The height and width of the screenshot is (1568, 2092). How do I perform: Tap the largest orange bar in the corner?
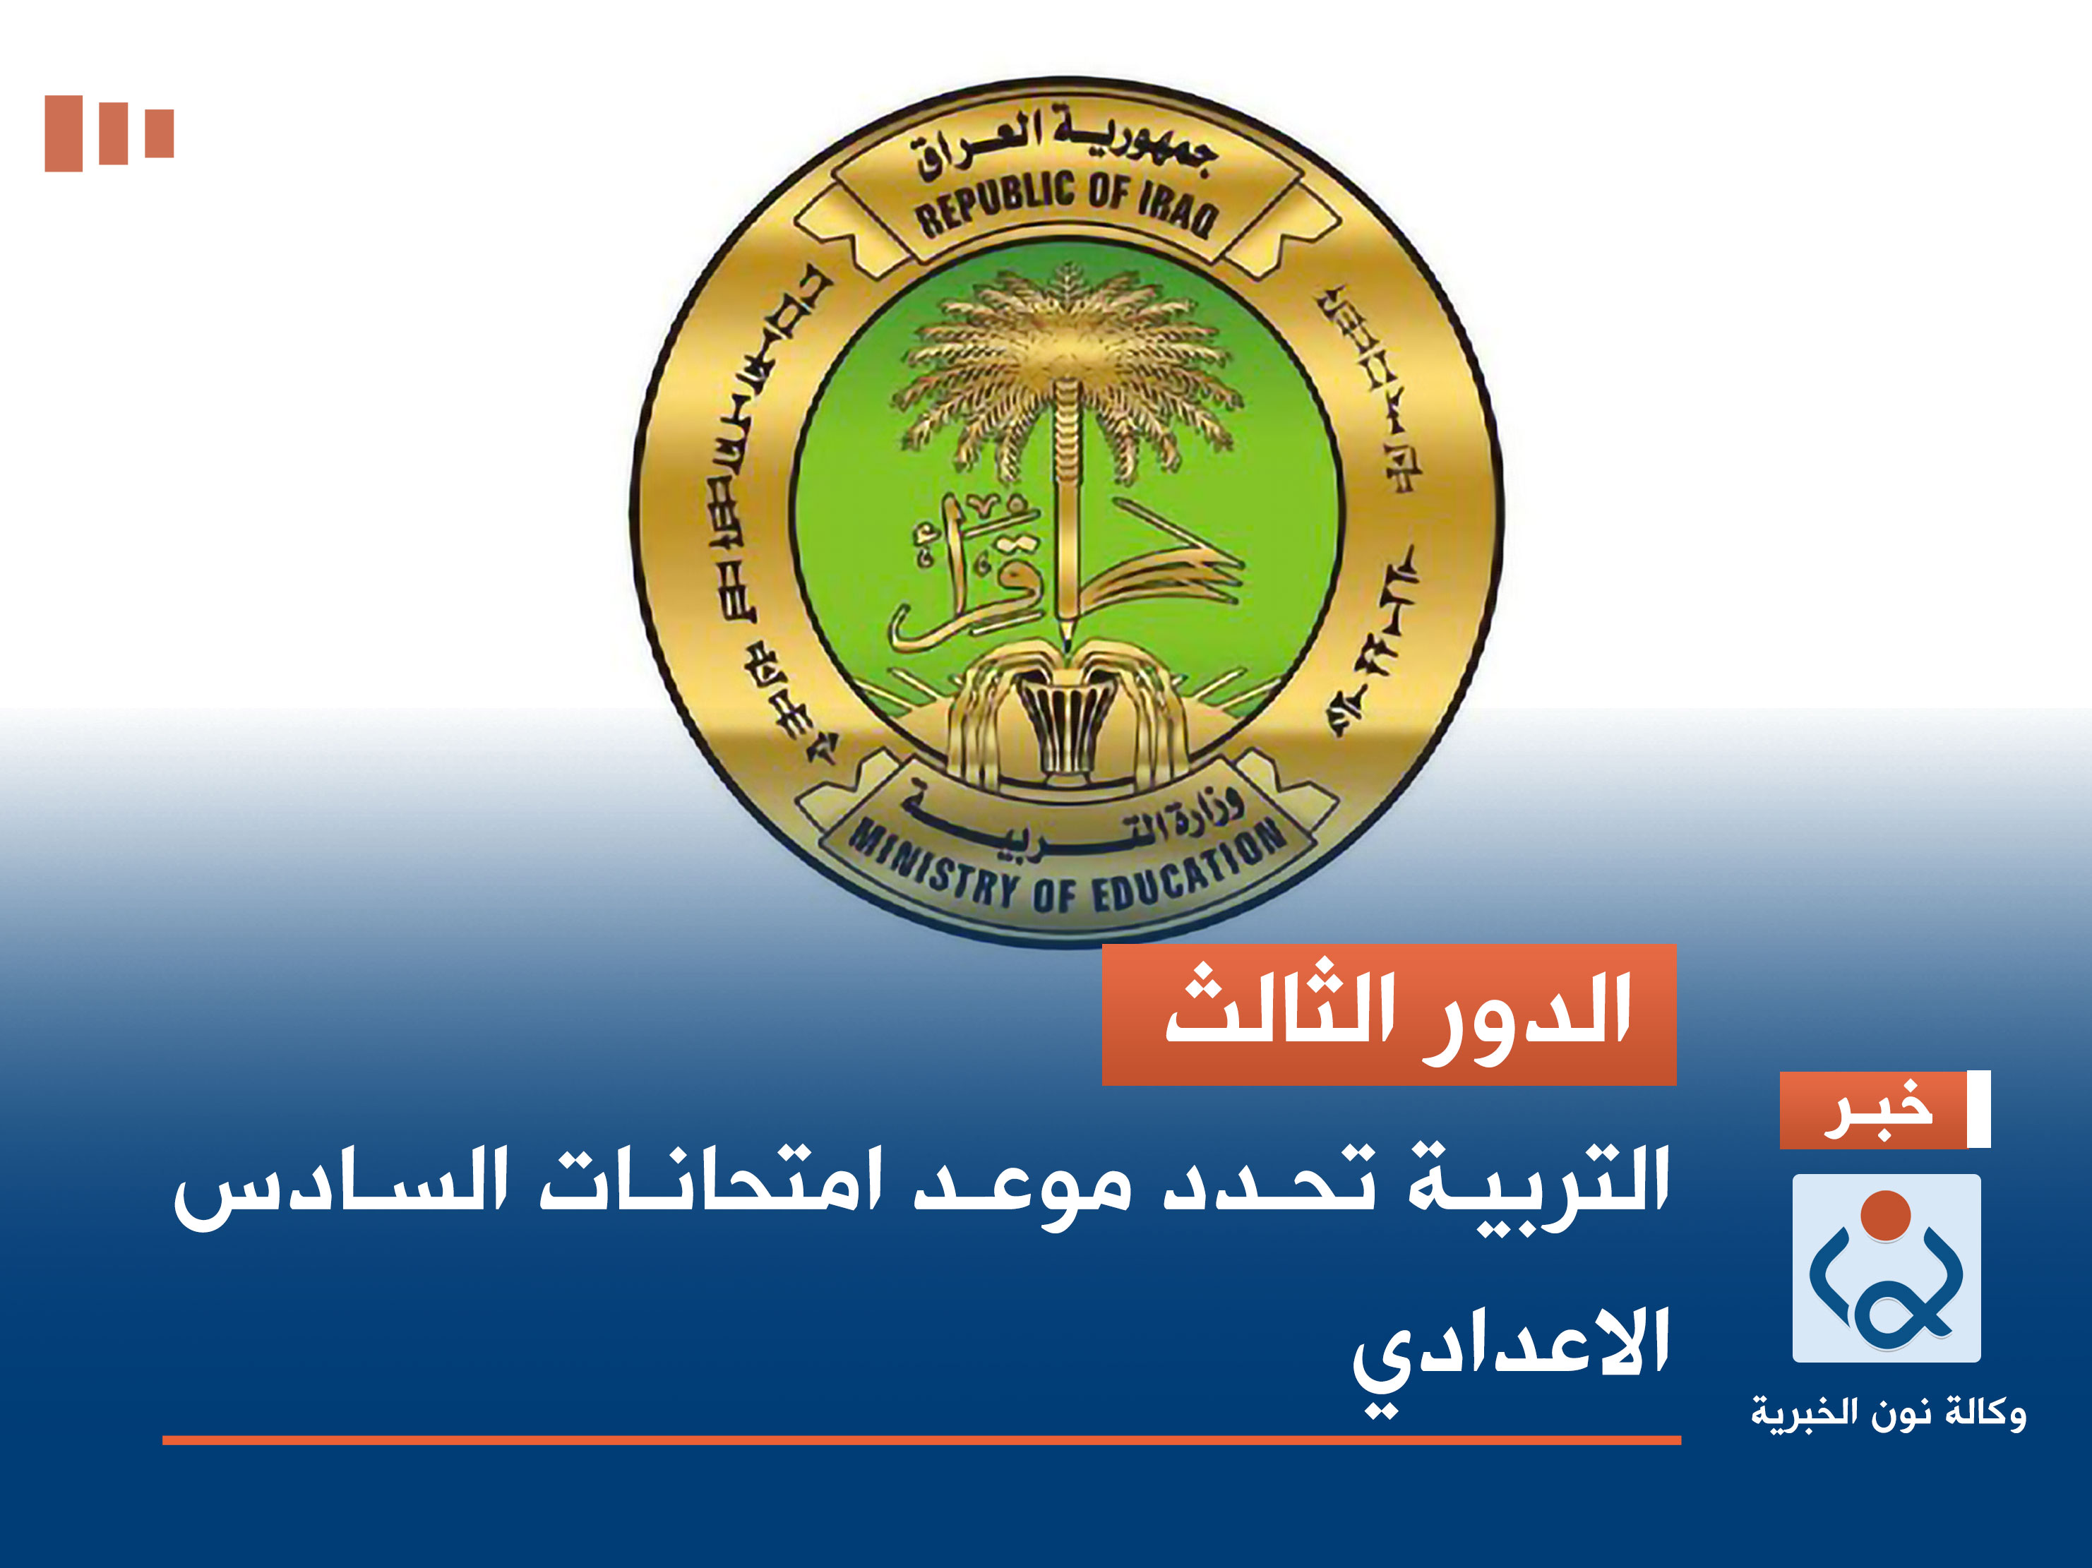coord(64,133)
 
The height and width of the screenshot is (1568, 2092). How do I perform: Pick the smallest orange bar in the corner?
coord(159,133)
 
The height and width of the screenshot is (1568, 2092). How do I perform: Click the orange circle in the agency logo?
coord(1886,1215)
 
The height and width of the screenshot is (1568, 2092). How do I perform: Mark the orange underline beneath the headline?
coord(921,1440)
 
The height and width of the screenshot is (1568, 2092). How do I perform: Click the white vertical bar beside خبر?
coord(1978,1109)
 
